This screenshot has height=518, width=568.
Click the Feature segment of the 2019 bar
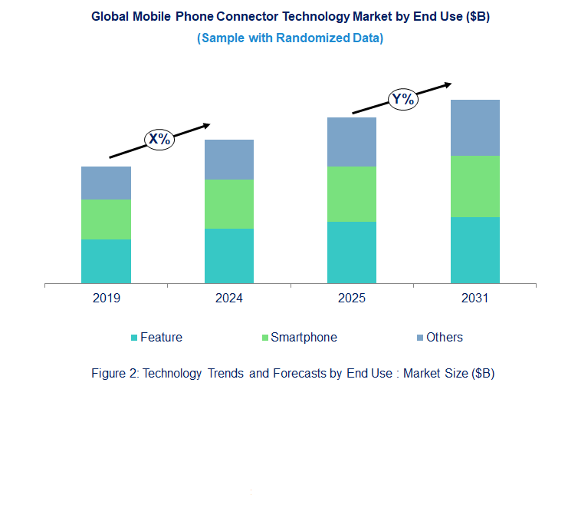[x=106, y=261]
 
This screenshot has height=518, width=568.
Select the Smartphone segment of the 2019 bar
[x=106, y=219]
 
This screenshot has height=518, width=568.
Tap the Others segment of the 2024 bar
[x=229, y=160]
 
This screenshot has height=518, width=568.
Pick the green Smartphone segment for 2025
[x=352, y=194]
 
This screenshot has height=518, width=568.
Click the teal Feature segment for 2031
[x=474, y=250]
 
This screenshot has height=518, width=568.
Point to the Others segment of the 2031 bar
[x=474, y=128]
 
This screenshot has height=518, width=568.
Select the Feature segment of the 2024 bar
[x=229, y=256]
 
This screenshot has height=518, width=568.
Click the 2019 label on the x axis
[x=106, y=299]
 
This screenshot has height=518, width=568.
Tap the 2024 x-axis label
[x=229, y=299]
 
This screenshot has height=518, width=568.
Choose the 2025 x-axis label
[x=352, y=299]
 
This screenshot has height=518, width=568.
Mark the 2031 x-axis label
[x=474, y=299]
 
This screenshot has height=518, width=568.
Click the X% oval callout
[x=159, y=139]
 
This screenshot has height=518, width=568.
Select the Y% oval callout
[x=403, y=99]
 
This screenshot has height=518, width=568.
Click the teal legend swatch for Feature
[x=135, y=338]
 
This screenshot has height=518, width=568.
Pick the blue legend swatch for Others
[x=419, y=338]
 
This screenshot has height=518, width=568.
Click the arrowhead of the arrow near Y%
[x=447, y=84]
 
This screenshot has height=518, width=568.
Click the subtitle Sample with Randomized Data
[x=291, y=38]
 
